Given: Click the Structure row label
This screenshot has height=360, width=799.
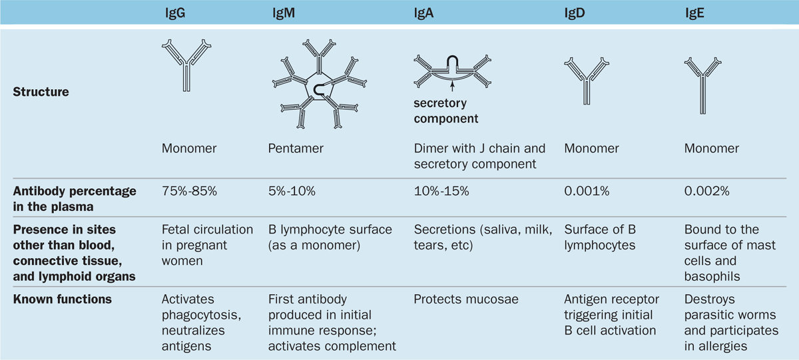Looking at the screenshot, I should [x=41, y=92].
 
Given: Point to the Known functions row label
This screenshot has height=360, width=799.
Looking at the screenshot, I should [x=62, y=299].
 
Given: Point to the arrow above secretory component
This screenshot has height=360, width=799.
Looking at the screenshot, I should [x=452, y=85].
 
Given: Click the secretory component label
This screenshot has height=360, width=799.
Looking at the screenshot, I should [x=445, y=111].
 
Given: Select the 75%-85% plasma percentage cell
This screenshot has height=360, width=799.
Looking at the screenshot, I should [x=190, y=191].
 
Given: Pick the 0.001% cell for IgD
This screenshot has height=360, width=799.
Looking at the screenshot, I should [x=585, y=191].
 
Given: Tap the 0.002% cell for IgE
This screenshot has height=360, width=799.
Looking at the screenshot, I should [x=706, y=191].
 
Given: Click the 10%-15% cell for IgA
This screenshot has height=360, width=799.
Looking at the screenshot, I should [x=442, y=191].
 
